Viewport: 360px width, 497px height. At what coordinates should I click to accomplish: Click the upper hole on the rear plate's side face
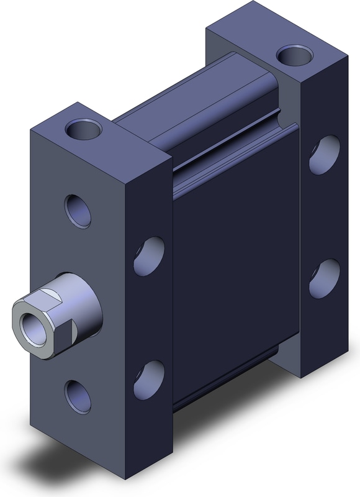coord(324,155)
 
